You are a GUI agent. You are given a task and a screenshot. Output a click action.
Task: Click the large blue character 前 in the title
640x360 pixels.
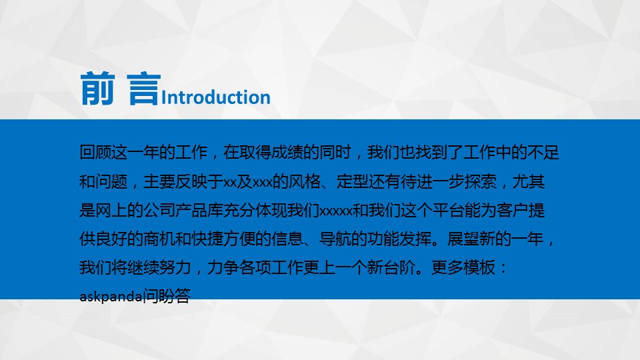97,89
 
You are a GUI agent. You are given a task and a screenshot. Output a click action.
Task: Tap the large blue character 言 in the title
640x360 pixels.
143,89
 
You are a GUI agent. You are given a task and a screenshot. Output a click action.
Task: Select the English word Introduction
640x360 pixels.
216,97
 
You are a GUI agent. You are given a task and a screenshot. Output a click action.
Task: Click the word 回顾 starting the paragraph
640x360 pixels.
95,152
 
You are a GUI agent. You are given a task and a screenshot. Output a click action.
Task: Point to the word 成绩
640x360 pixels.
287,152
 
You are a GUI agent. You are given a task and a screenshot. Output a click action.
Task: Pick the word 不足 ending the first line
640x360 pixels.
543,152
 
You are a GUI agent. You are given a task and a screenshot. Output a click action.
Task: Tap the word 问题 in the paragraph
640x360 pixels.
111,181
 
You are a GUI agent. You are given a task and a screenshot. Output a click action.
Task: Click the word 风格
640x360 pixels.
305,181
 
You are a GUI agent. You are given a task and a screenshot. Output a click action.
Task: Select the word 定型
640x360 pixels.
352,181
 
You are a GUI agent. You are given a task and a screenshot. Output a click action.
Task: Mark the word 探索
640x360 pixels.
480,181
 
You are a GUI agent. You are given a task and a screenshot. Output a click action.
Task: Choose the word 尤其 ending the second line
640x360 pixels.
528,181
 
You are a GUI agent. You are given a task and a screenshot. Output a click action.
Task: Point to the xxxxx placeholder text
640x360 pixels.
335,211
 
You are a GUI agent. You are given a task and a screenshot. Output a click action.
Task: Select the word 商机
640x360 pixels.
159,239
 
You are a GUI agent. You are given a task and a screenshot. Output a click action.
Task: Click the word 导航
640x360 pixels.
335,239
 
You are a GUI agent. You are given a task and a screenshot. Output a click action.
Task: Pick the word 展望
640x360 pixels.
463,239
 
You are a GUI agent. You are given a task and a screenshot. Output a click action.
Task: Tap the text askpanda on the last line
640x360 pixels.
111,297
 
